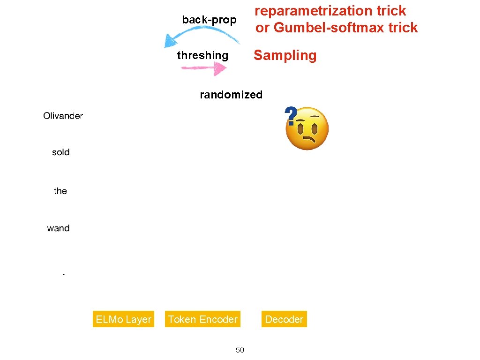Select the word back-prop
(x=209, y=20)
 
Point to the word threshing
(x=202, y=55)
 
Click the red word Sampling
(x=285, y=55)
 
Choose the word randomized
(x=231, y=95)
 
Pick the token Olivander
(x=63, y=116)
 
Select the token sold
(x=60, y=152)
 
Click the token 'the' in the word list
(x=60, y=191)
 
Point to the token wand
(x=58, y=228)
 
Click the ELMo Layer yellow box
(x=123, y=319)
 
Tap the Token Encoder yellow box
(x=202, y=319)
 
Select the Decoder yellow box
(x=284, y=319)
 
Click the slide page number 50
(x=240, y=350)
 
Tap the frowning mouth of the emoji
(x=309, y=140)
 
